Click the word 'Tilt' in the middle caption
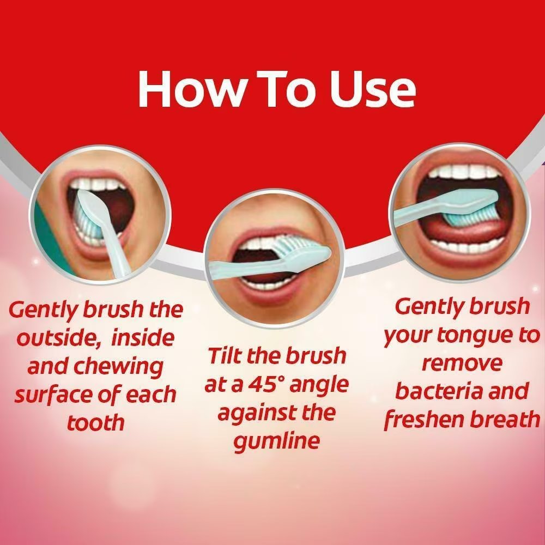(x=225, y=356)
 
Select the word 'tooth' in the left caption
(x=95, y=422)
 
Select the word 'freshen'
(x=424, y=420)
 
